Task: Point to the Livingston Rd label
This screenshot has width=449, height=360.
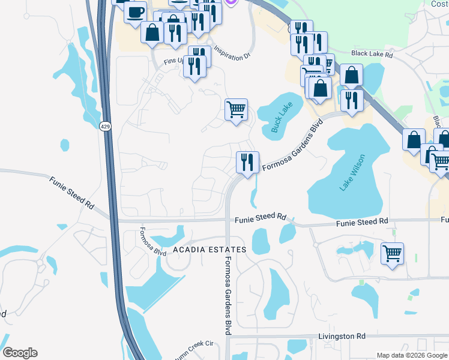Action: tap(342, 337)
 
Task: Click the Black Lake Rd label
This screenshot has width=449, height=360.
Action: tap(372, 54)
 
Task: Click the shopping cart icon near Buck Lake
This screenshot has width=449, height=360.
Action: tap(236, 109)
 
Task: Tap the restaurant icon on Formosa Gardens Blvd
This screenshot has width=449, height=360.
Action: tap(247, 162)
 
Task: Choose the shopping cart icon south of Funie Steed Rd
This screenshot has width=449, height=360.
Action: tap(392, 253)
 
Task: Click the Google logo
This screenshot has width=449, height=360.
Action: tap(20, 353)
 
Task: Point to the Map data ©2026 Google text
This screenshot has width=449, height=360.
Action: tap(412, 355)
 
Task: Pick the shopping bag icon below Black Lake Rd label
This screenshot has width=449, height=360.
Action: tap(351, 75)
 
